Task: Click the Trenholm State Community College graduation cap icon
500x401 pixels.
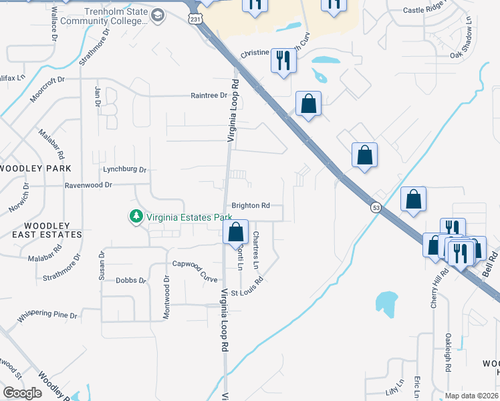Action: coord(158,15)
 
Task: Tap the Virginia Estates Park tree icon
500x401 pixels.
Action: coord(136,217)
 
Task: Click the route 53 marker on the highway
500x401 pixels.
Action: coord(377,209)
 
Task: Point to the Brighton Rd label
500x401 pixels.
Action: coord(251,206)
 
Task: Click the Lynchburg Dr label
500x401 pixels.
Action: coord(124,170)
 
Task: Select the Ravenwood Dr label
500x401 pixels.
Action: coord(88,184)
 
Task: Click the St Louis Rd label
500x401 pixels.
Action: coord(248,293)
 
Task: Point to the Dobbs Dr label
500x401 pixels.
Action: coord(130,281)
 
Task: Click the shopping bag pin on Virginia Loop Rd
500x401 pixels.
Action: coord(235,233)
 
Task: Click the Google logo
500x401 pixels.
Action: coord(23,393)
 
